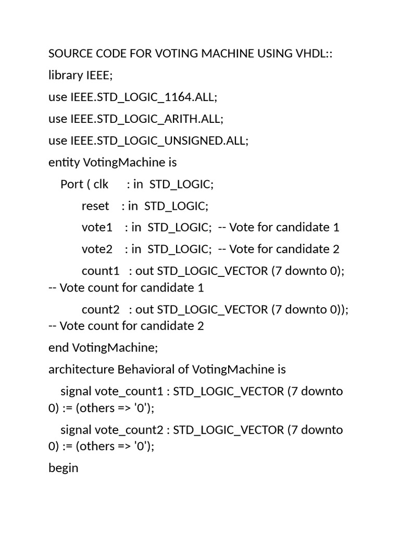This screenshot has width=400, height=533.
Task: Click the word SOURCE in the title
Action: click(70, 54)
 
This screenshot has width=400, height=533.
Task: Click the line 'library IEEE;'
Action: click(80, 75)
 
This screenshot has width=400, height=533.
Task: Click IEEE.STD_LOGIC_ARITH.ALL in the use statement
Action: click(146, 119)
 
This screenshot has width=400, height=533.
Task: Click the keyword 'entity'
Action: click(64, 162)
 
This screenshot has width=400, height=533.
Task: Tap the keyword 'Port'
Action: click(71, 184)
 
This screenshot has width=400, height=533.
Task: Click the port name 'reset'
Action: click(95, 206)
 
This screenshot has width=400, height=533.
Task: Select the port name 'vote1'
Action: click(97, 227)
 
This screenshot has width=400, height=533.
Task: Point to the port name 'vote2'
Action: click(97, 249)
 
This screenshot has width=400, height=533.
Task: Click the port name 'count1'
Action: click(101, 271)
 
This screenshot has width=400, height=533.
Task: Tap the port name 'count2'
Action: click(101, 310)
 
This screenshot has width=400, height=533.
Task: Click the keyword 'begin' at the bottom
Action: click(63, 468)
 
